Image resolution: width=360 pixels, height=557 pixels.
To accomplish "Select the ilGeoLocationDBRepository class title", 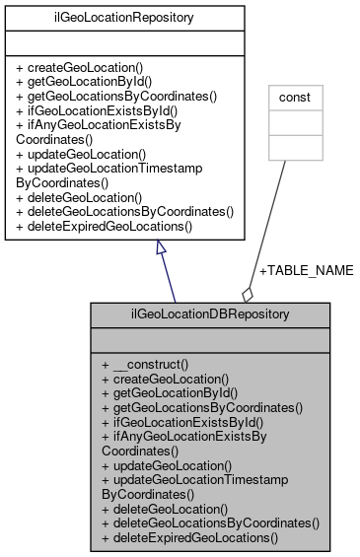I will click(x=210, y=316).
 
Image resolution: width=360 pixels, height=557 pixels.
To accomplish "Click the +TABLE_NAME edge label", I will click(x=305, y=269).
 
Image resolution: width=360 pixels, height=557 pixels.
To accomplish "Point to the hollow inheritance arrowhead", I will click(x=162, y=249).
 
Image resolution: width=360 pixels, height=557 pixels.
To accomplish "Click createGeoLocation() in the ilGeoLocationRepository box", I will click(x=79, y=69).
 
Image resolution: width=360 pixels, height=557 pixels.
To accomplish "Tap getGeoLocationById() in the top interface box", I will click(x=83, y=83).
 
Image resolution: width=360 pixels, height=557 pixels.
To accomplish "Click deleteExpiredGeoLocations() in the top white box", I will click(x=105, y=226).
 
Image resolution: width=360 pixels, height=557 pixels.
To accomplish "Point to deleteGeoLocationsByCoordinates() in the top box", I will click(x=124, y=211).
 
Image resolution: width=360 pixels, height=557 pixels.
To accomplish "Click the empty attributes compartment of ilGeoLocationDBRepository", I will click(x=210, y=340).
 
